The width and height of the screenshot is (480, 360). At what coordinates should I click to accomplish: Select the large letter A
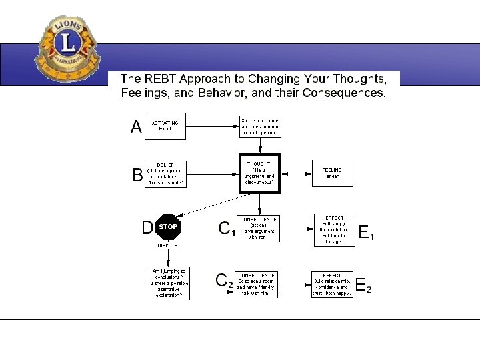pos(137,127)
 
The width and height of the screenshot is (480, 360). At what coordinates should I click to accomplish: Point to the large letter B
pos(137,175)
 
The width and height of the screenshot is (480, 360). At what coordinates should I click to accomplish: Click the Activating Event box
pos(165,126)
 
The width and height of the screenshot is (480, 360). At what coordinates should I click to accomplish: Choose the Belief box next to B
pos(165,175)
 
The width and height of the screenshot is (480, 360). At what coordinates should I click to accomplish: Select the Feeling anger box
pos(333,173)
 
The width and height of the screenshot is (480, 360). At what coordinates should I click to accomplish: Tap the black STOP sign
pos(168,227)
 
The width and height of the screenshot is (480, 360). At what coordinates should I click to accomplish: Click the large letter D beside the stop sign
pos(147,228)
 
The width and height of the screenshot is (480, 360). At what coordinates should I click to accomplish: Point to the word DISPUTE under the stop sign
pos(167,245)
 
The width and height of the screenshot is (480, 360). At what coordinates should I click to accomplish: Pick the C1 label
pos(227,229)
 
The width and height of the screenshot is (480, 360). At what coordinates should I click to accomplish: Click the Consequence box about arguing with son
pos(257,228)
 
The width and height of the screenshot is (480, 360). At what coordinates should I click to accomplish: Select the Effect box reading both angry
pos(334,229)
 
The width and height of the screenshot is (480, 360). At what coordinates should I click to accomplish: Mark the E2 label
pos(363,287)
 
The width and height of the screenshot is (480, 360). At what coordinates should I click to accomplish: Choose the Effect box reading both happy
pos(332,283)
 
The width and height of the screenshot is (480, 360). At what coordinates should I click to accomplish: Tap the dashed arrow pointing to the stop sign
pos(213,203)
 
